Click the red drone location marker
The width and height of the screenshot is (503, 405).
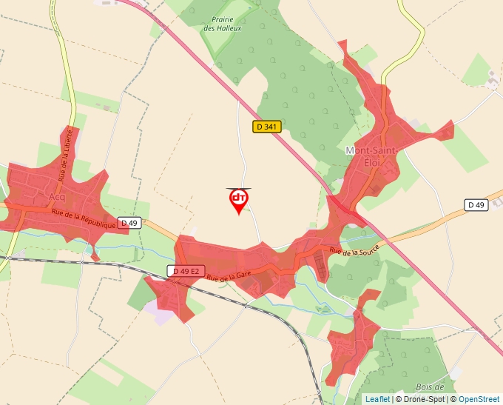(x=238, y=200)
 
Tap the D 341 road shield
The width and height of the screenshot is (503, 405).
(x=267, y=127)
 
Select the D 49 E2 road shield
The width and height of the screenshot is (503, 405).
(x=186, y=271)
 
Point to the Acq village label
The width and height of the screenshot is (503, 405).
(x=56, y=198)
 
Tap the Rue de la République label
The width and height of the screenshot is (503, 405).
(x=84, y=218)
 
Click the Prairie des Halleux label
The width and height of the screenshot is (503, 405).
(x=223, y=24)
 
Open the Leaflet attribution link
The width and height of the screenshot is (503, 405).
(x=377, y=399)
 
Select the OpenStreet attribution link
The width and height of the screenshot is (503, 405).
(x=479, y=399)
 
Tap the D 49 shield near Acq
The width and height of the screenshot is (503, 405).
(x=129, y=223)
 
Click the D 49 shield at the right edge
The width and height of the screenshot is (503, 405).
(x=476, y=204)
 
